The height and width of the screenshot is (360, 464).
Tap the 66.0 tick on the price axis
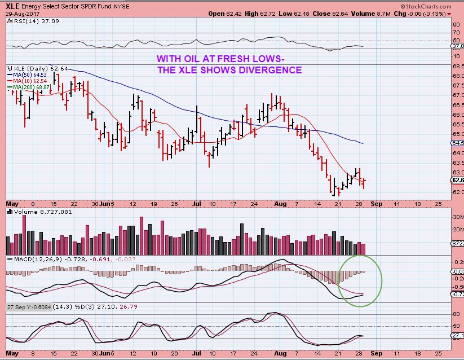(457, 115)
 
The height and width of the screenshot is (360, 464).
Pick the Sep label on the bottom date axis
(376, 353)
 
